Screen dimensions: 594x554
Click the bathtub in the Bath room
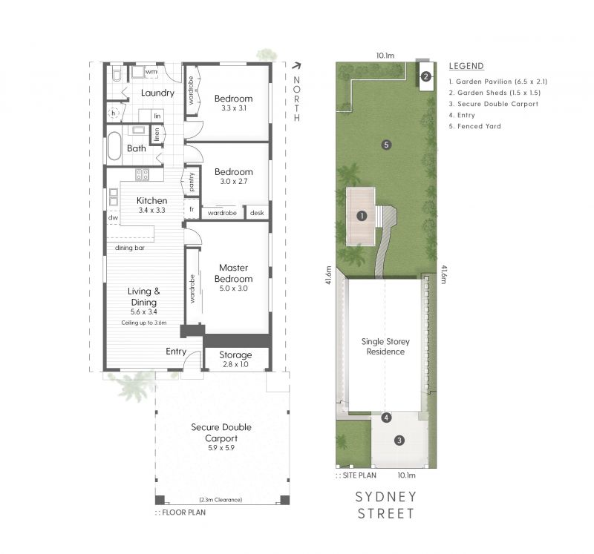pos(114,145)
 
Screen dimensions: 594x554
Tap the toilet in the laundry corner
pos(117,75)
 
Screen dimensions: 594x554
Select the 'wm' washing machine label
pos(151,71)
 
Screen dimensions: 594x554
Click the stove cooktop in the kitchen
pos(143,174)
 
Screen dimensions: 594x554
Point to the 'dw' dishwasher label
pos(113,217)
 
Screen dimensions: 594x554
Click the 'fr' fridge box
pos(192,209)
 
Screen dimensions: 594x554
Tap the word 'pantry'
pos(192,182)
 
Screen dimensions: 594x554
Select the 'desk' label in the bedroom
pos(257,213)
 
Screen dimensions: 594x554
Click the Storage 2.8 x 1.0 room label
pos(235,359)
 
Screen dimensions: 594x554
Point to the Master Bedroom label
pos(233,278)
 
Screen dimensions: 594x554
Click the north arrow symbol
pos(296,66)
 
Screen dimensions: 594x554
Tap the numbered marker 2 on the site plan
pos(425,77)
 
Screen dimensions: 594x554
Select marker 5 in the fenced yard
pos(386,145)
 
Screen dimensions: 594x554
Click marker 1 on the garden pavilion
pos(362,216)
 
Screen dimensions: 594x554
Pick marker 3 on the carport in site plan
pos(399,440)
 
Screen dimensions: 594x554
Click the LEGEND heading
pos(466,66)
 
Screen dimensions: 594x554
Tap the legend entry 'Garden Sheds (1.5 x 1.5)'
pos(495,93)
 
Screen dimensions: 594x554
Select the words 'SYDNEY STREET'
pos(386,505)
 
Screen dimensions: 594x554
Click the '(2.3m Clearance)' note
pos(221,500)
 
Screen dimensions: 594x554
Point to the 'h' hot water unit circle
pos(114,113)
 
